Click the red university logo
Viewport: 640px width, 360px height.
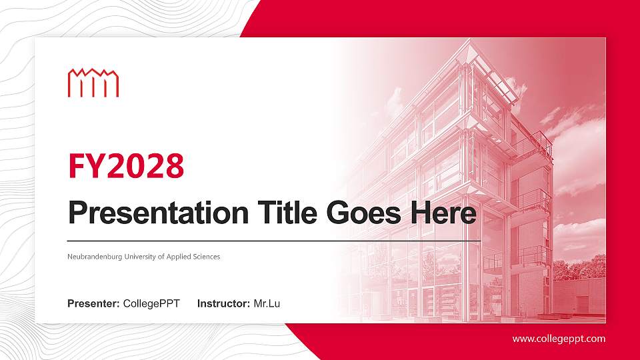click(93, 83)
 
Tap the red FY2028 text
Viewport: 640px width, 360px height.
click(126, 166)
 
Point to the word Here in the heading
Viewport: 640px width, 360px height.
click(445, 213)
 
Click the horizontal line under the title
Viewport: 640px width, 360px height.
click(273, 240)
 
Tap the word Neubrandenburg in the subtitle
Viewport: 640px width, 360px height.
click(95, 257)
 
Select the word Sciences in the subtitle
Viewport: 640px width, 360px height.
click(205, 257)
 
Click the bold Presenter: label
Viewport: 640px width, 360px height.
click(93, 304)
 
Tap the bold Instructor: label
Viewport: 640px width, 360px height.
click(224, 304)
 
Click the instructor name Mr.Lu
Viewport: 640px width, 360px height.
click(267, 304)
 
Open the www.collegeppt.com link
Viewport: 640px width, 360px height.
click(559, 339)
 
